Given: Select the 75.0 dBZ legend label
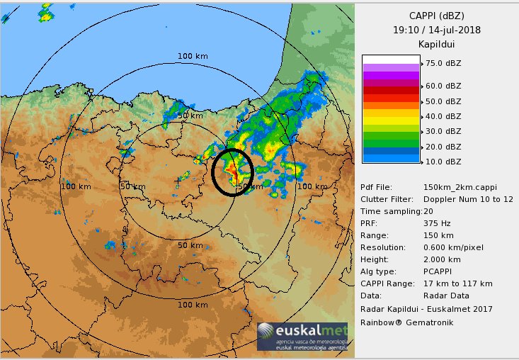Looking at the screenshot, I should point(443,63).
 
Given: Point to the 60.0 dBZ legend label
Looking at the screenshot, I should point(443,86).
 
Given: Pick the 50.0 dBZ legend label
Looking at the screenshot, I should point(443,101).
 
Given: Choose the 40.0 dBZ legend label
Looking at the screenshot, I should point(443,116).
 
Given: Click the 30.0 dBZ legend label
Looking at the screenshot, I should point(443,132).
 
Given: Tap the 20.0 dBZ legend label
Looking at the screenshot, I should point(443,147).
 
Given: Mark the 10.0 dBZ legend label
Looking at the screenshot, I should point(443,162).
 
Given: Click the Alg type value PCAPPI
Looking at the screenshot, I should point(440,271).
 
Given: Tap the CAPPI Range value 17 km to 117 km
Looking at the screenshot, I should point(457,283).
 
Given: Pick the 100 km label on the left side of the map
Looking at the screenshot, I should point(75,186).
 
